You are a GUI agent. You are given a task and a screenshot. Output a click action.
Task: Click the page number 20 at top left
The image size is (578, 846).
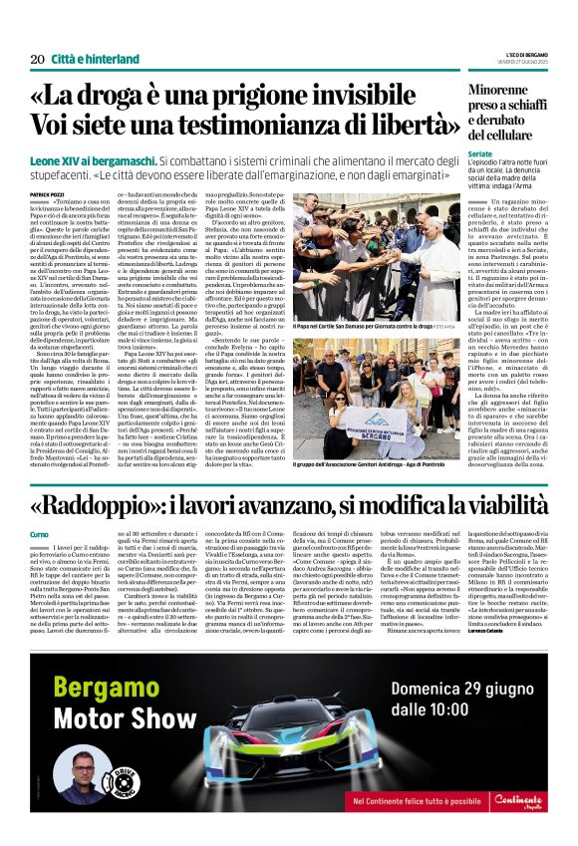(36, 59)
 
